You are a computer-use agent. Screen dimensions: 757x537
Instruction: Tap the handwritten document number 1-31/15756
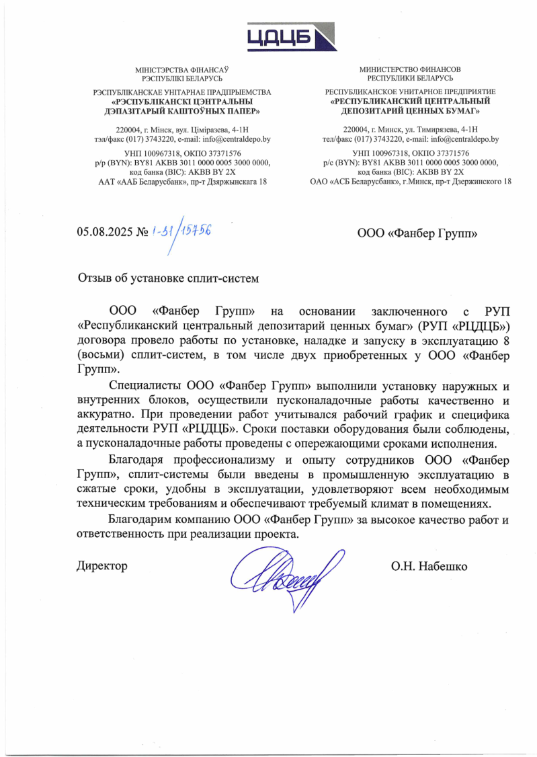[x=180, y=232]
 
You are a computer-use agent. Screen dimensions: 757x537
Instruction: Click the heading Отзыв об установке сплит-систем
[x=168, y=277]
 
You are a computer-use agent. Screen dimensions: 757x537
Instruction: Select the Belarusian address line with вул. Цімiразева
[x=182, y=130]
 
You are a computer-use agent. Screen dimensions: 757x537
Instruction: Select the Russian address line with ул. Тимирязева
[x=410, y=130]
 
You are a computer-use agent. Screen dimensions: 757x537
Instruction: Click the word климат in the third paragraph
[x=393, y=504]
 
